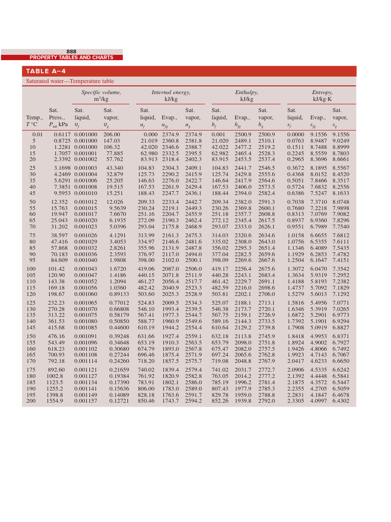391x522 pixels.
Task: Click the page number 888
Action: [71, 51]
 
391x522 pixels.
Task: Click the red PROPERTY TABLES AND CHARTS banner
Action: [71, 58]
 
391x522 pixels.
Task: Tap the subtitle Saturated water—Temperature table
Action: [70, 81]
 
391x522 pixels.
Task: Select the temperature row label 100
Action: [31, 269]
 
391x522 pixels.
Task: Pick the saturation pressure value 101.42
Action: [56, 269]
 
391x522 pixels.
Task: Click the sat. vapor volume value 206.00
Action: [111, 134]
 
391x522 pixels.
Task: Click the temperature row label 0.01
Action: [31, 134]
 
